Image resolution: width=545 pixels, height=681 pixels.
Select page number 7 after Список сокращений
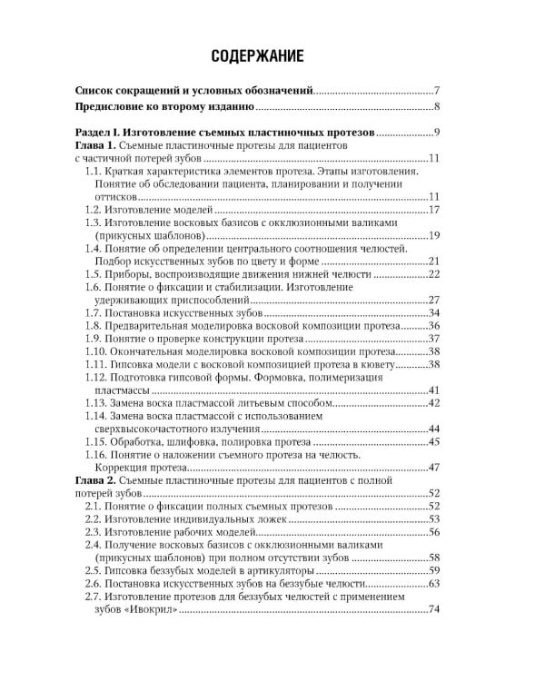pos(437,91)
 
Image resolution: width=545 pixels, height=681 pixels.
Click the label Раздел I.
pos(97,132)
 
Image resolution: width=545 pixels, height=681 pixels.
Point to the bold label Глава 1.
pos(94,145)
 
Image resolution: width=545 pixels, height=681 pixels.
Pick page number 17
pos(433,210)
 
